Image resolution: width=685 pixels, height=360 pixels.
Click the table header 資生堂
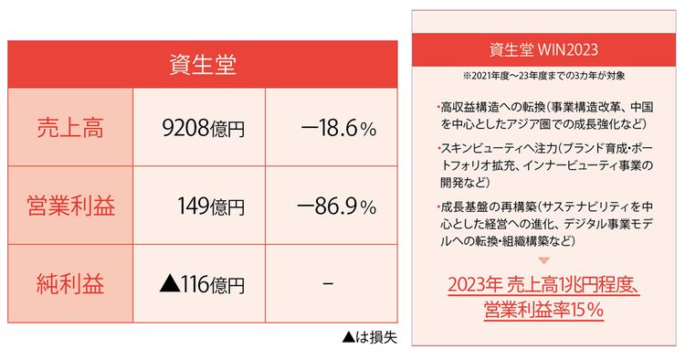click(204, 65)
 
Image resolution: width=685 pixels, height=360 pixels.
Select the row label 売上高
click(70, 129)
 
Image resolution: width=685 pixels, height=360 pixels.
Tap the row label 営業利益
click(70, 206)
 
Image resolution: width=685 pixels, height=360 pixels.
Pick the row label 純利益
click(70, 284)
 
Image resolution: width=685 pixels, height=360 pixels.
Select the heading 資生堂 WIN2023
click(543, 46)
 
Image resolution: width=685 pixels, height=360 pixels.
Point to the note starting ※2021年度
click(543, 72)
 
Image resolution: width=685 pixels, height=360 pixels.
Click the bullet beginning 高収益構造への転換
click(543, 113)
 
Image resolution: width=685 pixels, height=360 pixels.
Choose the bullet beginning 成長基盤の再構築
click(543, 224)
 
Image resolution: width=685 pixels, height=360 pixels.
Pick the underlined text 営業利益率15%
click(543, 312)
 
